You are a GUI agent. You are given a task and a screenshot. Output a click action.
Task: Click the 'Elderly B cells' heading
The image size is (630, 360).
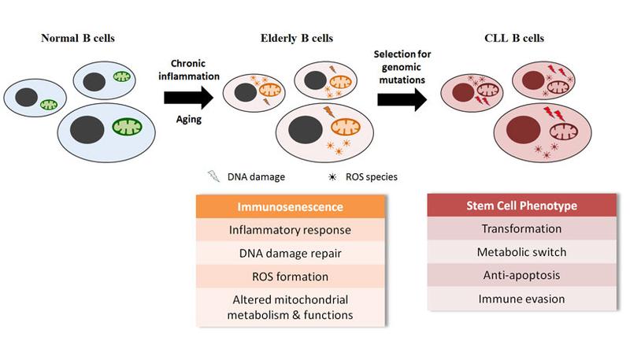(295, 36)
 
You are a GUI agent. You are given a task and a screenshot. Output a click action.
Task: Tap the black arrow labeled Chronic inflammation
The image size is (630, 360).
(188, 97)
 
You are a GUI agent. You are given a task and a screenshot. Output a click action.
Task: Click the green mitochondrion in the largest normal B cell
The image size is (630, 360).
(128, 126)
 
